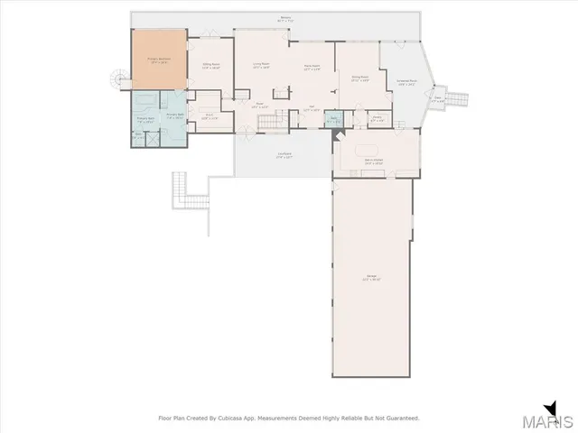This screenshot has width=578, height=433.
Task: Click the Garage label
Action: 371,280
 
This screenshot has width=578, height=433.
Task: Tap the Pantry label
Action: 377,117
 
